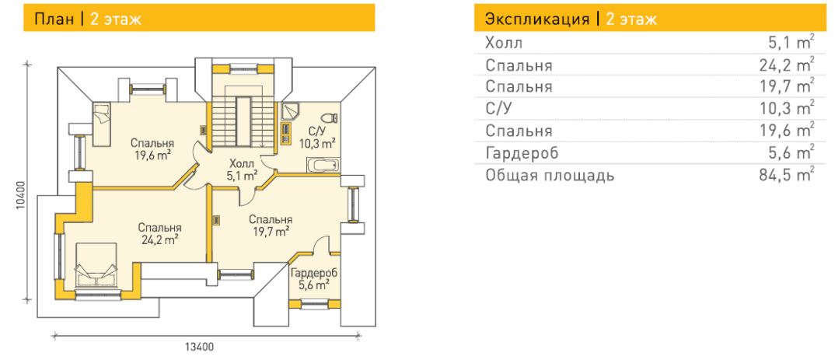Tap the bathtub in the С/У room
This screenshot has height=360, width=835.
(x=323, y=166)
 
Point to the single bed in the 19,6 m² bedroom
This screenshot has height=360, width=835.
(x=102, y=124)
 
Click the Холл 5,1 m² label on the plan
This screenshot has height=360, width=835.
(x=242, y=170)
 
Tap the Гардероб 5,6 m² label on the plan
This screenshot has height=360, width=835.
(x=314, y=279)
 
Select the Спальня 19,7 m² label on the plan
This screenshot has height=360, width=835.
(x=271, y=225)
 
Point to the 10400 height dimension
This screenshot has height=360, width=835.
(x=20, y=196)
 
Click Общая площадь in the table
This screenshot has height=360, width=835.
(x=550, y=175)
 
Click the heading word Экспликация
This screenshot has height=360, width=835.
(x=537, y=19)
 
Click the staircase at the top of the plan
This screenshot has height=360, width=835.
(x=243, y=117)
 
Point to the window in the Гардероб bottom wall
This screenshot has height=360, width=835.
(x=314, y=305)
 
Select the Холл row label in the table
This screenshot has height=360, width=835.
(x=504, y=43)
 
